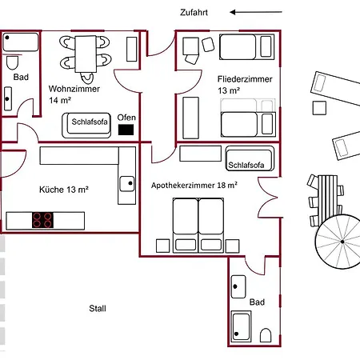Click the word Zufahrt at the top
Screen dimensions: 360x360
[195, 13]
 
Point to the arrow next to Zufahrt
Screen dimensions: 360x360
[255, 13]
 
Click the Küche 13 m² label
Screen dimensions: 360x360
[63, 190]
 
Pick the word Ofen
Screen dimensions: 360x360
[126, 118]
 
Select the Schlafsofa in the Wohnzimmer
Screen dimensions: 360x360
[88, 124]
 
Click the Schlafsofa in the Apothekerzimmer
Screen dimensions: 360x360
[250, 162]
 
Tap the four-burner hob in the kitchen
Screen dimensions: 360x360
[43, 219]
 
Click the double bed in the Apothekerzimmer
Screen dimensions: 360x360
[198, 224]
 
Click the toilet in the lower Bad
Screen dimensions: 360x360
[266, 335]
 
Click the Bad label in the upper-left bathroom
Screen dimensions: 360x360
[22, 78]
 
